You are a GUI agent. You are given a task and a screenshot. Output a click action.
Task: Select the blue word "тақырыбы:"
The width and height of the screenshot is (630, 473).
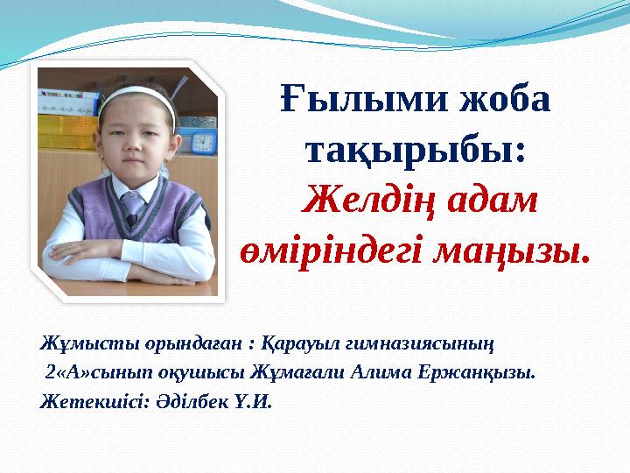click(x=415, y=153)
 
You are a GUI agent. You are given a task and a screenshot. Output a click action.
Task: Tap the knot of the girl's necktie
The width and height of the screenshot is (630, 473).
click(x=131, y=197)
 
